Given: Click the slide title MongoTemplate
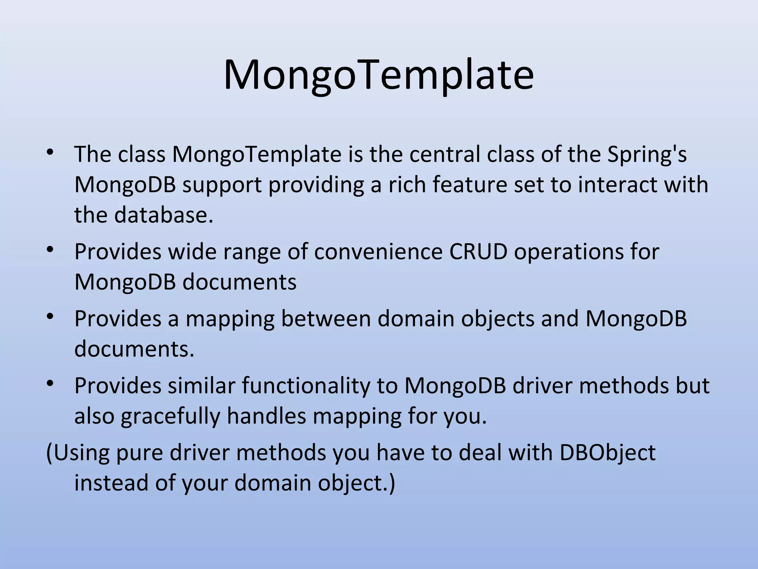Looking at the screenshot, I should point(379,75).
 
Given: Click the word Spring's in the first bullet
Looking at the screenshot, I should point(647,154).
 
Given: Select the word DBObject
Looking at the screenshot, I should point(607,453).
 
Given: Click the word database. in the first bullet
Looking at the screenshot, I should point(164,215).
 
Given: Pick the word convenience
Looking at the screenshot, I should point(378,252).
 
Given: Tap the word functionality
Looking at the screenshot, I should point(306,386).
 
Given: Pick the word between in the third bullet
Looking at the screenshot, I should point(326,319).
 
